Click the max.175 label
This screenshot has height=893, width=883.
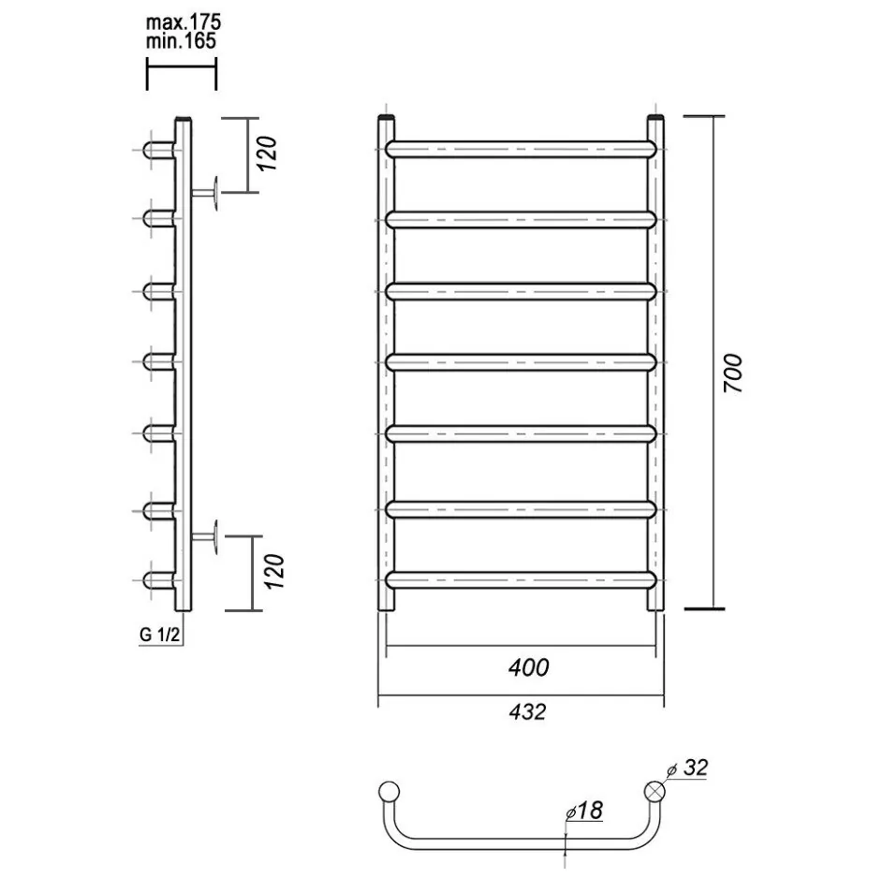tap(183, 22)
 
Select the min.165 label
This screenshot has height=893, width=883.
tap(181, 41)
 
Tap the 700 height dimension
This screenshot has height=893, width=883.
tap(733, 373)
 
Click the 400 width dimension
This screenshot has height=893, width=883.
tap(529, 667)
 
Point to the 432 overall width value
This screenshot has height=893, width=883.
tap(527, 712)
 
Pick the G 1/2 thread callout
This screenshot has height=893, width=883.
tap(159, 635)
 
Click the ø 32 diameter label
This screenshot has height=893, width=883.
tap(687, 768)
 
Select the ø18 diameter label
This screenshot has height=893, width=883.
tap(584, 811)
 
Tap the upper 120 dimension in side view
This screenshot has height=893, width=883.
tap(267, 154)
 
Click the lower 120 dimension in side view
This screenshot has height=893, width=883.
tap(274, 571)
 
